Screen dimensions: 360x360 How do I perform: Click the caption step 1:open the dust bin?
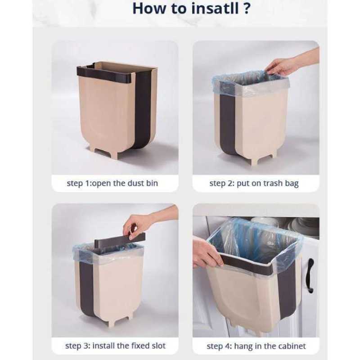[112, 184]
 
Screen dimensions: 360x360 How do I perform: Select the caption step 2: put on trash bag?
[254, 184]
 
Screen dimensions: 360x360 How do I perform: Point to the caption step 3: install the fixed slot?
[115, 346]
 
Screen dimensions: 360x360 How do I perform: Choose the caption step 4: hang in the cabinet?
[256, 346]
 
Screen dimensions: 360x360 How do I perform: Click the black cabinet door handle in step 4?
[309, 275]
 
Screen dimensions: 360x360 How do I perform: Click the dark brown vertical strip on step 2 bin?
[227, 121]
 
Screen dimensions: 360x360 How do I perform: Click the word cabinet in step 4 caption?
[291, 346]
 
